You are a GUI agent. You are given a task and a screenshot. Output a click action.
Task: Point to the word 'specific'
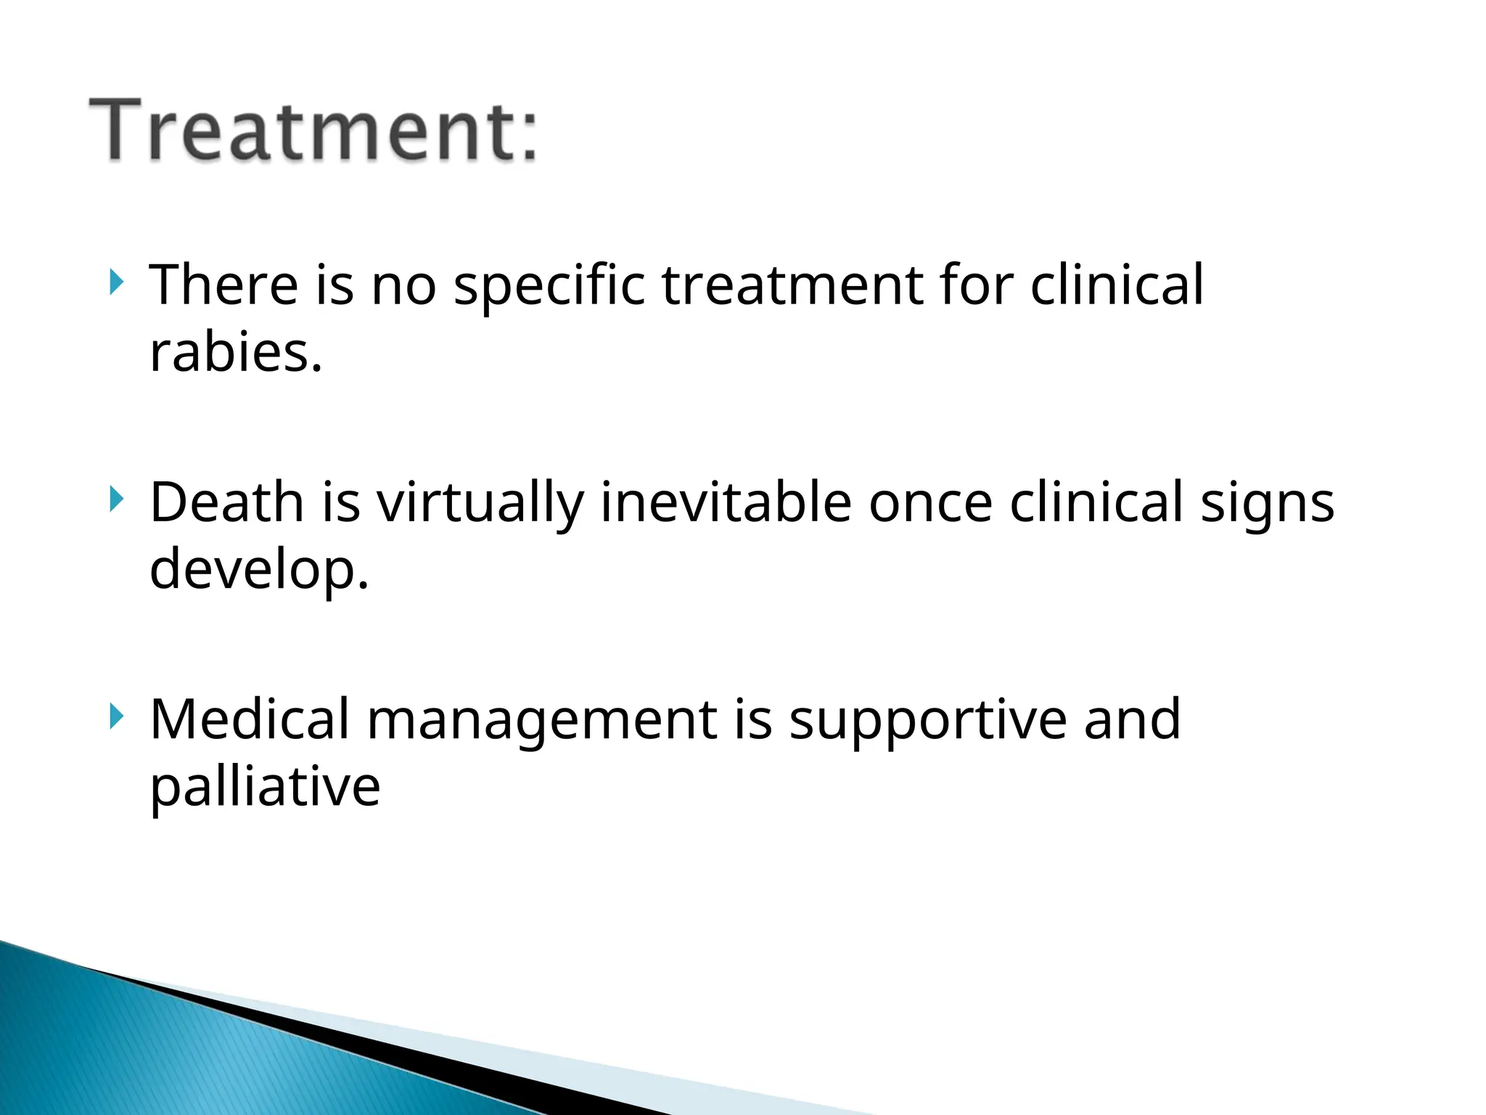(549, 285)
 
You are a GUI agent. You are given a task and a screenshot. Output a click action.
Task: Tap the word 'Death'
(226, 502)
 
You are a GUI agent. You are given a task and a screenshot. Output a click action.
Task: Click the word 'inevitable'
(726, 502)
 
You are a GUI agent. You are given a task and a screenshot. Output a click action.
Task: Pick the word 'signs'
(1267, 503)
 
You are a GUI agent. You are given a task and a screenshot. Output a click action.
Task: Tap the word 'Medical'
(250, 719)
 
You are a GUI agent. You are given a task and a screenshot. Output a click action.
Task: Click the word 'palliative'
(265, 787)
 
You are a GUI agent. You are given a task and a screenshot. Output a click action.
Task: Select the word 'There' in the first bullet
(223, 285)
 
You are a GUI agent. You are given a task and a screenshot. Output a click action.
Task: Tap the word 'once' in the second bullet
(930, 502)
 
